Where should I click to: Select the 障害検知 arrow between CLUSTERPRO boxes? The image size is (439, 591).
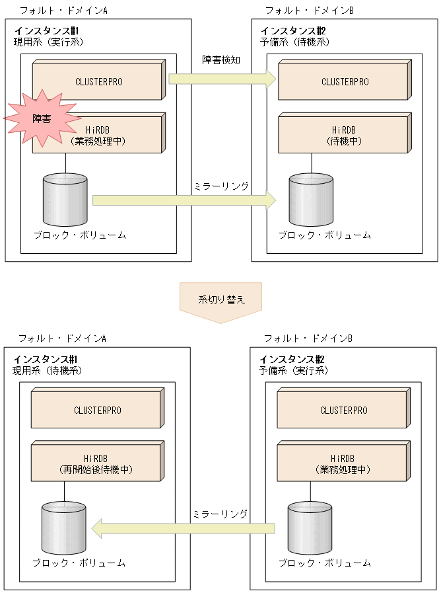coord(222,79)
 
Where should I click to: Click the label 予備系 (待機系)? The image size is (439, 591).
coord(294,42)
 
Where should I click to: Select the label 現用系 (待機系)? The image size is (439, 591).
coord(47,370)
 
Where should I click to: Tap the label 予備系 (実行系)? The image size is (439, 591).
coord(293,370)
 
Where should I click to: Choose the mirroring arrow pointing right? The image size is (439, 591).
coord(184,200)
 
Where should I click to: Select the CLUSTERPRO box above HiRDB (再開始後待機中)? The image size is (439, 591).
coord(96,410)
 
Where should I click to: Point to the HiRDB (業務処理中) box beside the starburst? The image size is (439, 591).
coord(106,135)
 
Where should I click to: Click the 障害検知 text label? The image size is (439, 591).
coord(221,59)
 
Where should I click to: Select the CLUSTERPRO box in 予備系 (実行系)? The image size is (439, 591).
coord(342,410)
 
